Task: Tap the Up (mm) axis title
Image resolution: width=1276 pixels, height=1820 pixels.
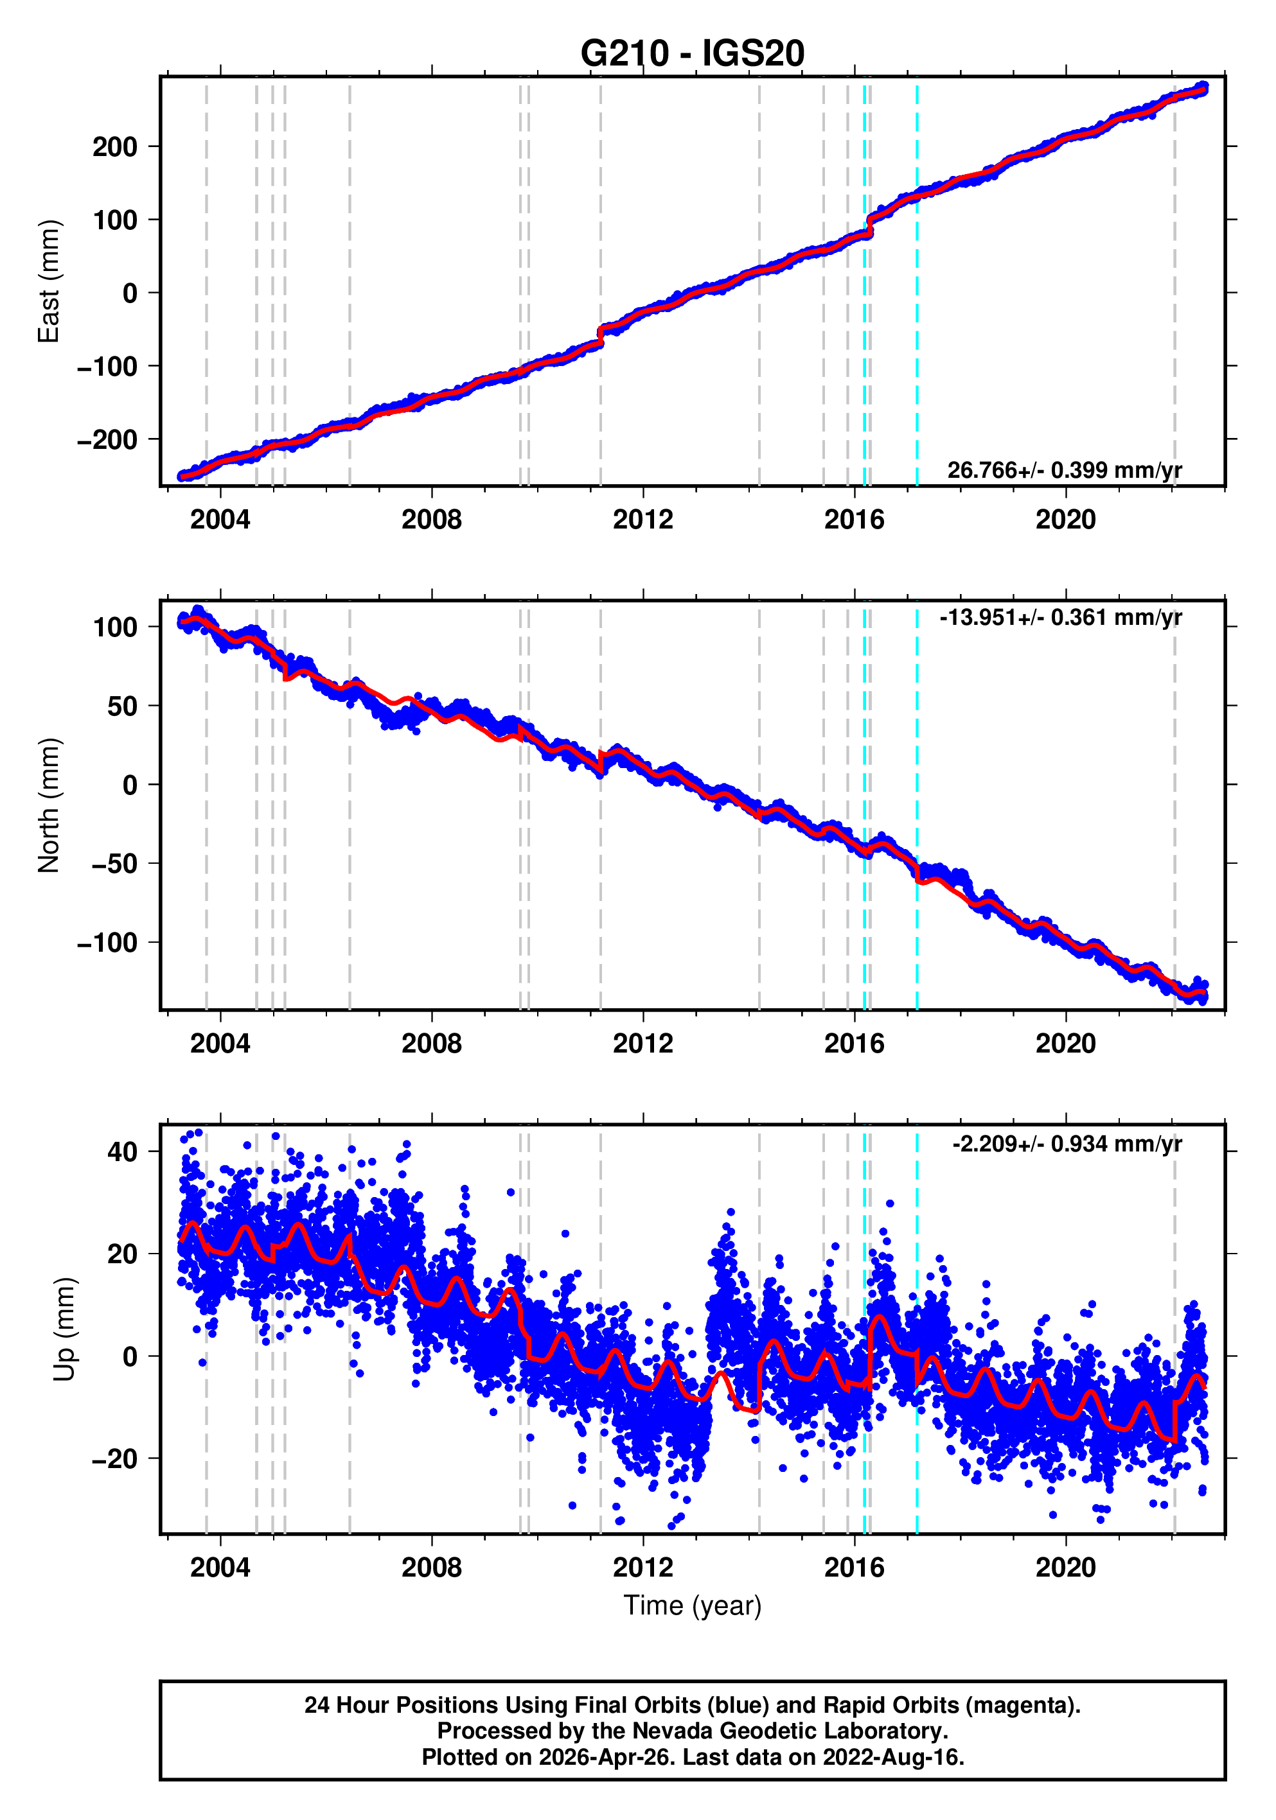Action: pyautogui.click(x=65, y=1329)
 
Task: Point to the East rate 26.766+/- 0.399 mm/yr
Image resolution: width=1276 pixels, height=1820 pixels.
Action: pyautogui.click(x=1063, y=470)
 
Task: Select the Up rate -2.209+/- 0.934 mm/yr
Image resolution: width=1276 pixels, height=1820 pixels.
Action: pyautogui.click(x=1067, y=1144)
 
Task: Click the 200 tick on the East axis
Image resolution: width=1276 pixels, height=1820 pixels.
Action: pyautogui.click(x=115, y=146)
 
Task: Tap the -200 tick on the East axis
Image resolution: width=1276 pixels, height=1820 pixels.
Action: pyautogui.click(x=108, y=439)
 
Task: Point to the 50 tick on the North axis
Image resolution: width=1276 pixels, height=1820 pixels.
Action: pyautogui.click(x=122, y=706)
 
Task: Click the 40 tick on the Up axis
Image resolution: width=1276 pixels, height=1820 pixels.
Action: pyautogui.click(x=122, y=1151)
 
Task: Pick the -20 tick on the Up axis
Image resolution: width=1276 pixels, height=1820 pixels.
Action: pyautogui.click(x=115, y=1458)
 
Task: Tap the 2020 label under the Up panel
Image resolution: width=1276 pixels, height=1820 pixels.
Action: pyautogui.click(x=1065, y=1567)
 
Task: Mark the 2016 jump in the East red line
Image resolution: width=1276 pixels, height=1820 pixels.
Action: pyautogui.click(x=870, y=226)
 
